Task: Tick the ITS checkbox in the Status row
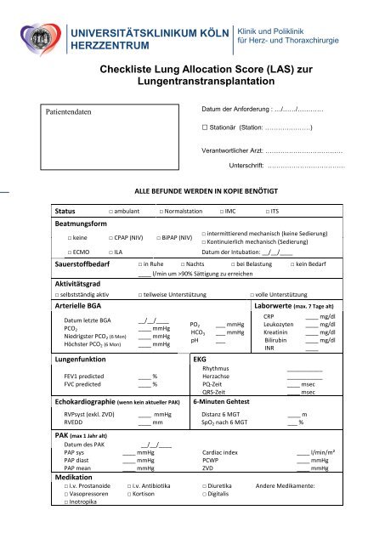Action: [268, 210]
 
